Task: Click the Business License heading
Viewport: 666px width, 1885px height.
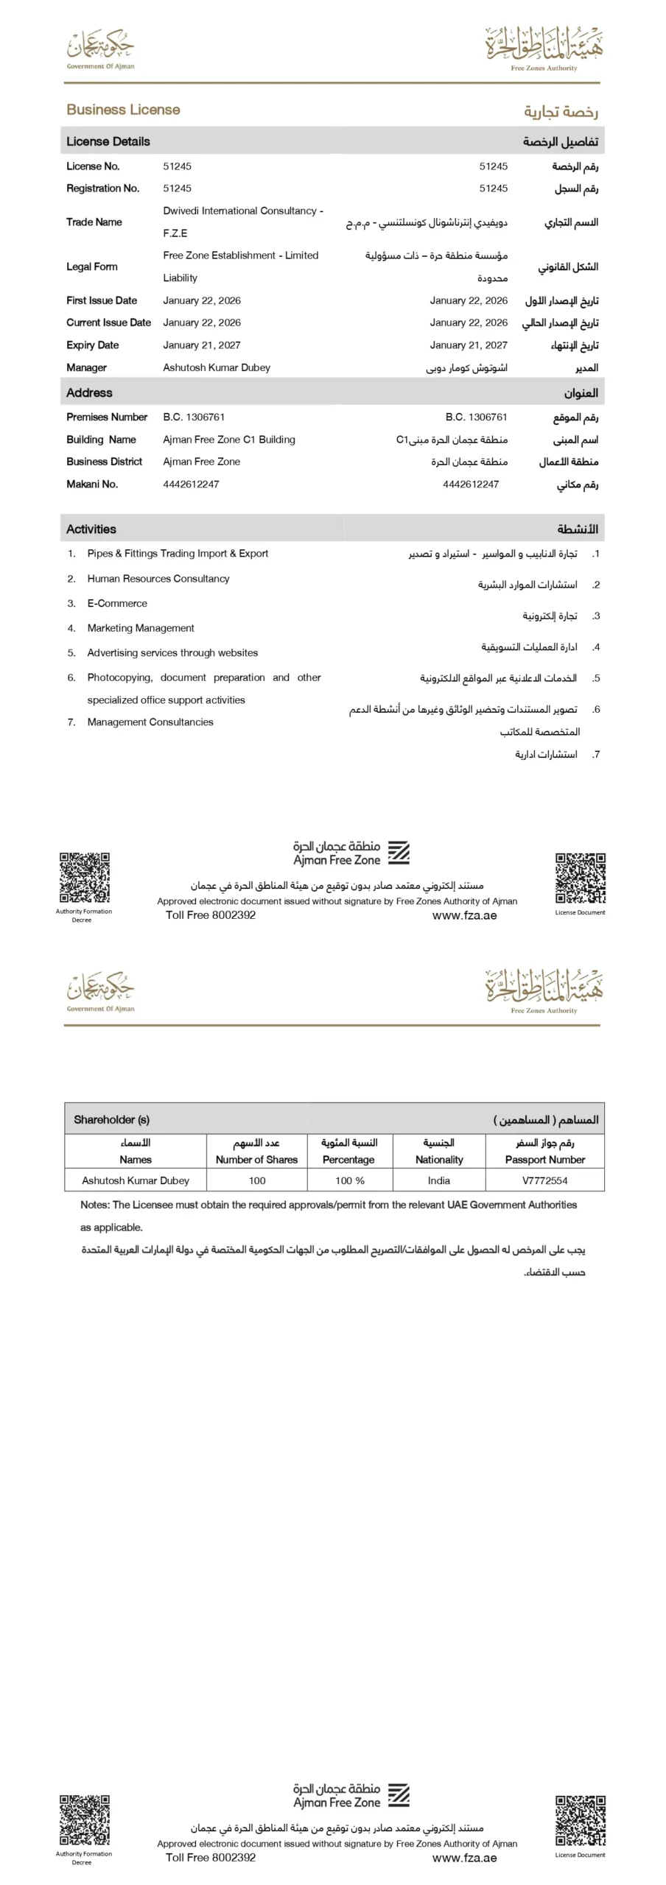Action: [123, 110]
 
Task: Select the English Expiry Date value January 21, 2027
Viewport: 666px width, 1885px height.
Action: [201, 345]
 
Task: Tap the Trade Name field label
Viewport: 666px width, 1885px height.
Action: [94, 222]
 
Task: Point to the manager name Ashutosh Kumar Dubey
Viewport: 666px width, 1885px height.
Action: [216, 367]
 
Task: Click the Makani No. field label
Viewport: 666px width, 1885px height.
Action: [91, 484]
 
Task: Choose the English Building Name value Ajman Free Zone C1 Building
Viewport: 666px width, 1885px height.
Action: [228, 440]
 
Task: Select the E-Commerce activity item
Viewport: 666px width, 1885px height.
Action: [116, 603]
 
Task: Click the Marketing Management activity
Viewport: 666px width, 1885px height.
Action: [140, 628]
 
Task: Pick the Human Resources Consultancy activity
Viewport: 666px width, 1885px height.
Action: [158, 579]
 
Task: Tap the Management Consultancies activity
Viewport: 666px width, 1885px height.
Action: [150, 722]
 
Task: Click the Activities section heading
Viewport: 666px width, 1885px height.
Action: [91, 529]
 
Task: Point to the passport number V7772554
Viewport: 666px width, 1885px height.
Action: [544, 1180]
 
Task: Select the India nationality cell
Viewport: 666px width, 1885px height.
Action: [438, 1180]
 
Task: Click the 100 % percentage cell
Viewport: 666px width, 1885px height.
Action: [349, 1180]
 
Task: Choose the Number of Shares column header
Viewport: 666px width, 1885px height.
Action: [256, 1160]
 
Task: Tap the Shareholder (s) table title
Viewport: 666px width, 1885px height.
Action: [111, 1119]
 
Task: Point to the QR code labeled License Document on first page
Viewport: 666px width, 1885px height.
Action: [580, 878]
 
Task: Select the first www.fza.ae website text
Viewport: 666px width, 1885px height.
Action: [464, 915]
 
